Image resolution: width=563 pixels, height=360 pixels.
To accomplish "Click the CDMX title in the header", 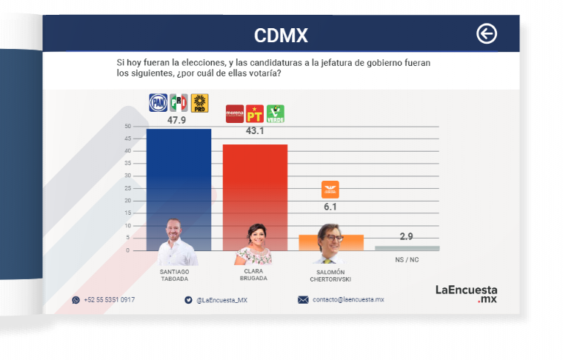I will click(281, 35).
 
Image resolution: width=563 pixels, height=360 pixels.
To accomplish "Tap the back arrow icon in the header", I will click(486, 33).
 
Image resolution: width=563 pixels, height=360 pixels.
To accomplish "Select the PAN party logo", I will click(159, 103).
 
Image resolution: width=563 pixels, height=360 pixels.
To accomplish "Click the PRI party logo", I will click(179, 103).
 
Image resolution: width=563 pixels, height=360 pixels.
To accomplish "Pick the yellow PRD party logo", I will click(199, 103).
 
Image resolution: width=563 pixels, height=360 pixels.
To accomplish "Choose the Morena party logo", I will click(234, 113).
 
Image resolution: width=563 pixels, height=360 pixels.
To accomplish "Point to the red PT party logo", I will click(255, 113).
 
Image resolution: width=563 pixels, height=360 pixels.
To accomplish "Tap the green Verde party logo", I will click(275, 113).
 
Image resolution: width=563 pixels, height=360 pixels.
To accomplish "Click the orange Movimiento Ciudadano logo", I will click(330, 190).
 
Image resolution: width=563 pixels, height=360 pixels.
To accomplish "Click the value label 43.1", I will click(255, 130).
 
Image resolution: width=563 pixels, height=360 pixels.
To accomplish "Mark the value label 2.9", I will click(406, 236).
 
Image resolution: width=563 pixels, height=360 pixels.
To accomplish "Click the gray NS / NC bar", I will click(407, 247).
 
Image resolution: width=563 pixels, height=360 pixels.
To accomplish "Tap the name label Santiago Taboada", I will click(175, 275).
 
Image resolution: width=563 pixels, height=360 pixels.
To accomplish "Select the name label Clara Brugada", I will click(253, 275).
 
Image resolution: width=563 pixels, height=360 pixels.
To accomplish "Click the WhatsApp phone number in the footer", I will click(109, 300).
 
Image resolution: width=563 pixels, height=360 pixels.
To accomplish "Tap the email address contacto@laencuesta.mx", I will click(347, 300).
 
